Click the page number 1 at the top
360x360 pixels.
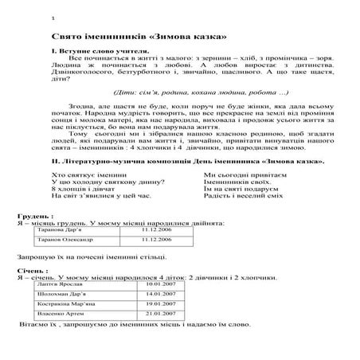pyautogui.click(x=52, y=18)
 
